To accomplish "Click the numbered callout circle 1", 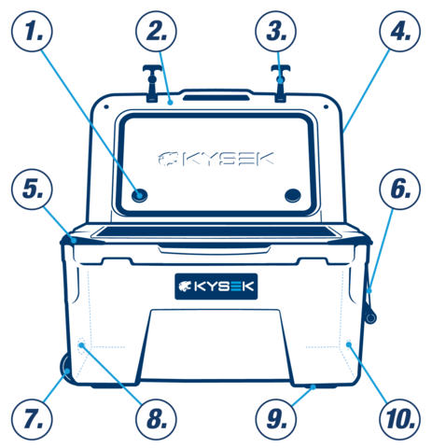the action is pos(32,31).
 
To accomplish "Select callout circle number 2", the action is pos(156,31).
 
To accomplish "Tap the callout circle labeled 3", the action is pos(276,31).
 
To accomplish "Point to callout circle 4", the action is pos(400,31).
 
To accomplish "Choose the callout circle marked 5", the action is pos(32,189).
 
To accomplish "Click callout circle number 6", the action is pos(400,189).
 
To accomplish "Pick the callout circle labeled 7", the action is pos(32,419).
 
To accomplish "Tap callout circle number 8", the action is pos(156,419).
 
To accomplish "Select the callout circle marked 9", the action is pos(276,419).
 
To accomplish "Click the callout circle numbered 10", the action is pos(400,419).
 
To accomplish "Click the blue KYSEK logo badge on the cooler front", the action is pos(216,287).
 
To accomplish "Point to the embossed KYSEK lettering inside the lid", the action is pos(216,159).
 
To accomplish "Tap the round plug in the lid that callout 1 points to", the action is pos(139,195).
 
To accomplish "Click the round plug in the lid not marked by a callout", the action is pos(293,195).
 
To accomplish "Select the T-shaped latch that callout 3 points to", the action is pos(281,83).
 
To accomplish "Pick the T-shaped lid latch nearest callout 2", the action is pos(152,83).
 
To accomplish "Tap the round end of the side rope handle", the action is pos(370,317).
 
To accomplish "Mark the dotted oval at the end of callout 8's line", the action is pos(81,345).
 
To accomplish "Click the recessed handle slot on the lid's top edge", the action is pos(216,97).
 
